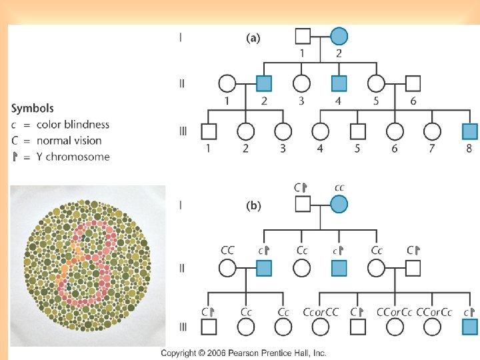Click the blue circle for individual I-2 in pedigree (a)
tap(339, 37)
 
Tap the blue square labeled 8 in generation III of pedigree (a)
tap(469, 131)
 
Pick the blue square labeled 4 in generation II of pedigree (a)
tap(339, 83)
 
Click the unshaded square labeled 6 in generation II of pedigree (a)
tap(413, 83)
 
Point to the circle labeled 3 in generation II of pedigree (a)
tap(302, 83)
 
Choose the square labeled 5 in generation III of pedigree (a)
tap(358, 131)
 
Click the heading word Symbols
tap(33, 108)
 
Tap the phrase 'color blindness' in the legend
tap(73, 125)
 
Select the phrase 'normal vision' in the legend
tap(69, 141)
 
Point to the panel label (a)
tap(253, 39)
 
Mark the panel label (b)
tap(253, 206)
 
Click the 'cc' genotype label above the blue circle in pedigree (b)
tap(339, 188)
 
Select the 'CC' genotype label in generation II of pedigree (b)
tap(227, 250)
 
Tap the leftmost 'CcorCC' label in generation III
tap(321, 311)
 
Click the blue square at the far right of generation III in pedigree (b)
tap(469, 327)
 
